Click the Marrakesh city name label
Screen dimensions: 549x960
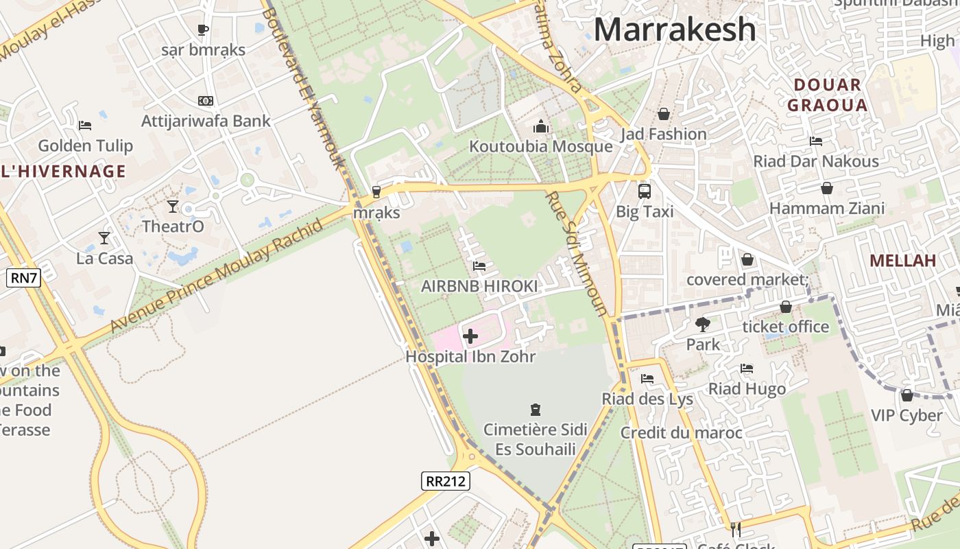pyautogui.click(x=675, y=30)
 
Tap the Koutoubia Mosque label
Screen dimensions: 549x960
pyautogui.click(x=540, y=146)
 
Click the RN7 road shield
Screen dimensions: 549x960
pyautogui.click(x=24, y=278)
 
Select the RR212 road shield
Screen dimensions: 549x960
pyautogui.click(x=446, y=481)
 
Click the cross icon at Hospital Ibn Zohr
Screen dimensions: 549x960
pyautogui.click(x=470, y=336)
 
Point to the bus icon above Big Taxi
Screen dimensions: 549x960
pyautogui.click(x=644, y=191)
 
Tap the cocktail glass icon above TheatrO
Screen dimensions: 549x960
pyautogui.click(x=172, y=206)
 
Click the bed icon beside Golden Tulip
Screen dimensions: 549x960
pyautogui.click(x=85, y=125)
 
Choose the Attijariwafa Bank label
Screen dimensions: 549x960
pyautogui.click(x=206, y=121)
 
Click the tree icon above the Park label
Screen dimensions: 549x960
pyautogui.click(x=702, y=324)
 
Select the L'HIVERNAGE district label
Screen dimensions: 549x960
pyautogui.click(x=63, y=172)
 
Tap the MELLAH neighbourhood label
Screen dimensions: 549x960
pyautogui.click(x=902, y=261)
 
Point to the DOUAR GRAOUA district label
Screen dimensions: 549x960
pyautogui.click(x=827, y=95)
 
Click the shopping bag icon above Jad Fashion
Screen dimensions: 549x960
pyautogui.click(x=663, y=114)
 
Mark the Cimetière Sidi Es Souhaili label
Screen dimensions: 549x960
pyautogui.click(x=535, y=439)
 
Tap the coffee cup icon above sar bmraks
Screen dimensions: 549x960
pyautogui.click(x=203, y=30)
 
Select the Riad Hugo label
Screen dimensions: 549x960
pyautogui.click(x=747, y=389)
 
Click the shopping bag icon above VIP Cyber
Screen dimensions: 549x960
pyautogui.click(x=907, y=395)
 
